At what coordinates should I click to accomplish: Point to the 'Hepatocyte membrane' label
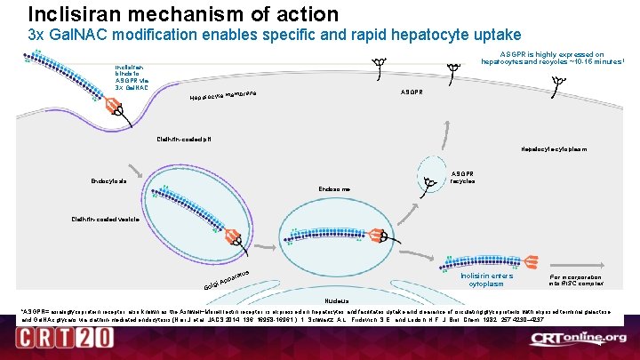coord(223,95)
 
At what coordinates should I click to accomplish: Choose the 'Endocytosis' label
coord(108,181)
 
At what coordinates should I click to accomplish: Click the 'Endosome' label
coord(334,189)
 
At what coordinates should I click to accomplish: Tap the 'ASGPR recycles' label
coord(463,177)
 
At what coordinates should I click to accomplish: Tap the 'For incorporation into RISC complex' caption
coord(577,280)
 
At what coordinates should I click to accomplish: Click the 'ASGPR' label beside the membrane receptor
coord(412,92)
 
